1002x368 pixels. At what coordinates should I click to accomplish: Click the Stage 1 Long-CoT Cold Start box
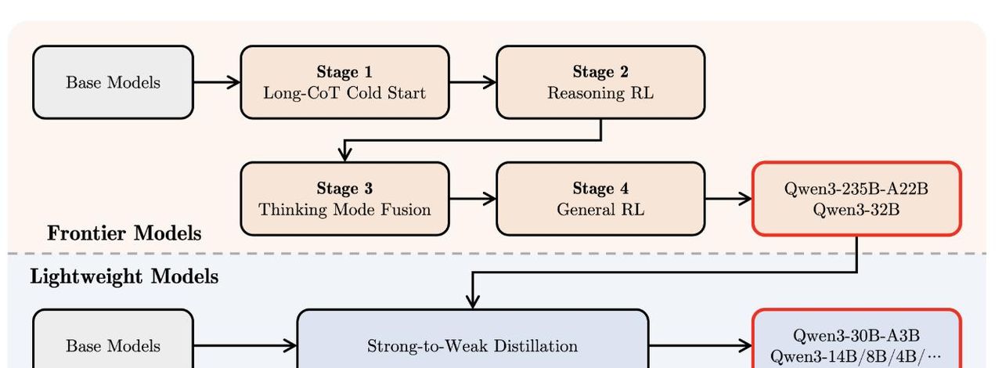point(344,82)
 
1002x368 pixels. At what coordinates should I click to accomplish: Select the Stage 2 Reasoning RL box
point(600,82)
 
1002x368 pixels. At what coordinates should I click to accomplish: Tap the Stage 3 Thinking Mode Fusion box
point(344,199)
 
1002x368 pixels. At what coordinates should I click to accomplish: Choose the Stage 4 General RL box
point(600,199)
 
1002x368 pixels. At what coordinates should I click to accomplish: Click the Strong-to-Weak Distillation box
point(472,345)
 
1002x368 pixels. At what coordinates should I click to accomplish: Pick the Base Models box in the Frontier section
point(113,82)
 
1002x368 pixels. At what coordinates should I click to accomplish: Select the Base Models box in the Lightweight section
point(113,345)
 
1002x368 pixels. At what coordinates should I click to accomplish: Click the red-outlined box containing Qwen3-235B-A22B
point(856,199)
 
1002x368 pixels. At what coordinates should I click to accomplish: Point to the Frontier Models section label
point(124,233)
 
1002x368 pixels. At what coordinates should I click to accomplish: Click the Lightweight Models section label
point(124,276)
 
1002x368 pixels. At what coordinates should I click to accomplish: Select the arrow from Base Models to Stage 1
point(216,82)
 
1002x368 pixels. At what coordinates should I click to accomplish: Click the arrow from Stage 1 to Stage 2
point(473,82)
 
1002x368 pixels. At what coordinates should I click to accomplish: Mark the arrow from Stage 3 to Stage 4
point(473,199)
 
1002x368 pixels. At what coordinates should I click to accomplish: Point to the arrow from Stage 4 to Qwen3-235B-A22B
point(728,199)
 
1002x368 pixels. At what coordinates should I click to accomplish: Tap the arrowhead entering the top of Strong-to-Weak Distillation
point(472,301)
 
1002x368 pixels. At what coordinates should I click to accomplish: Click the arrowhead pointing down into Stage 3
point(344,154)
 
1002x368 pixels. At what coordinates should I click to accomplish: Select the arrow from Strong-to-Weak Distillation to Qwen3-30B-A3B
point(700,345)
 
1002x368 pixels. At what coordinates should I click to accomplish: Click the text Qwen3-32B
point(856,209)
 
